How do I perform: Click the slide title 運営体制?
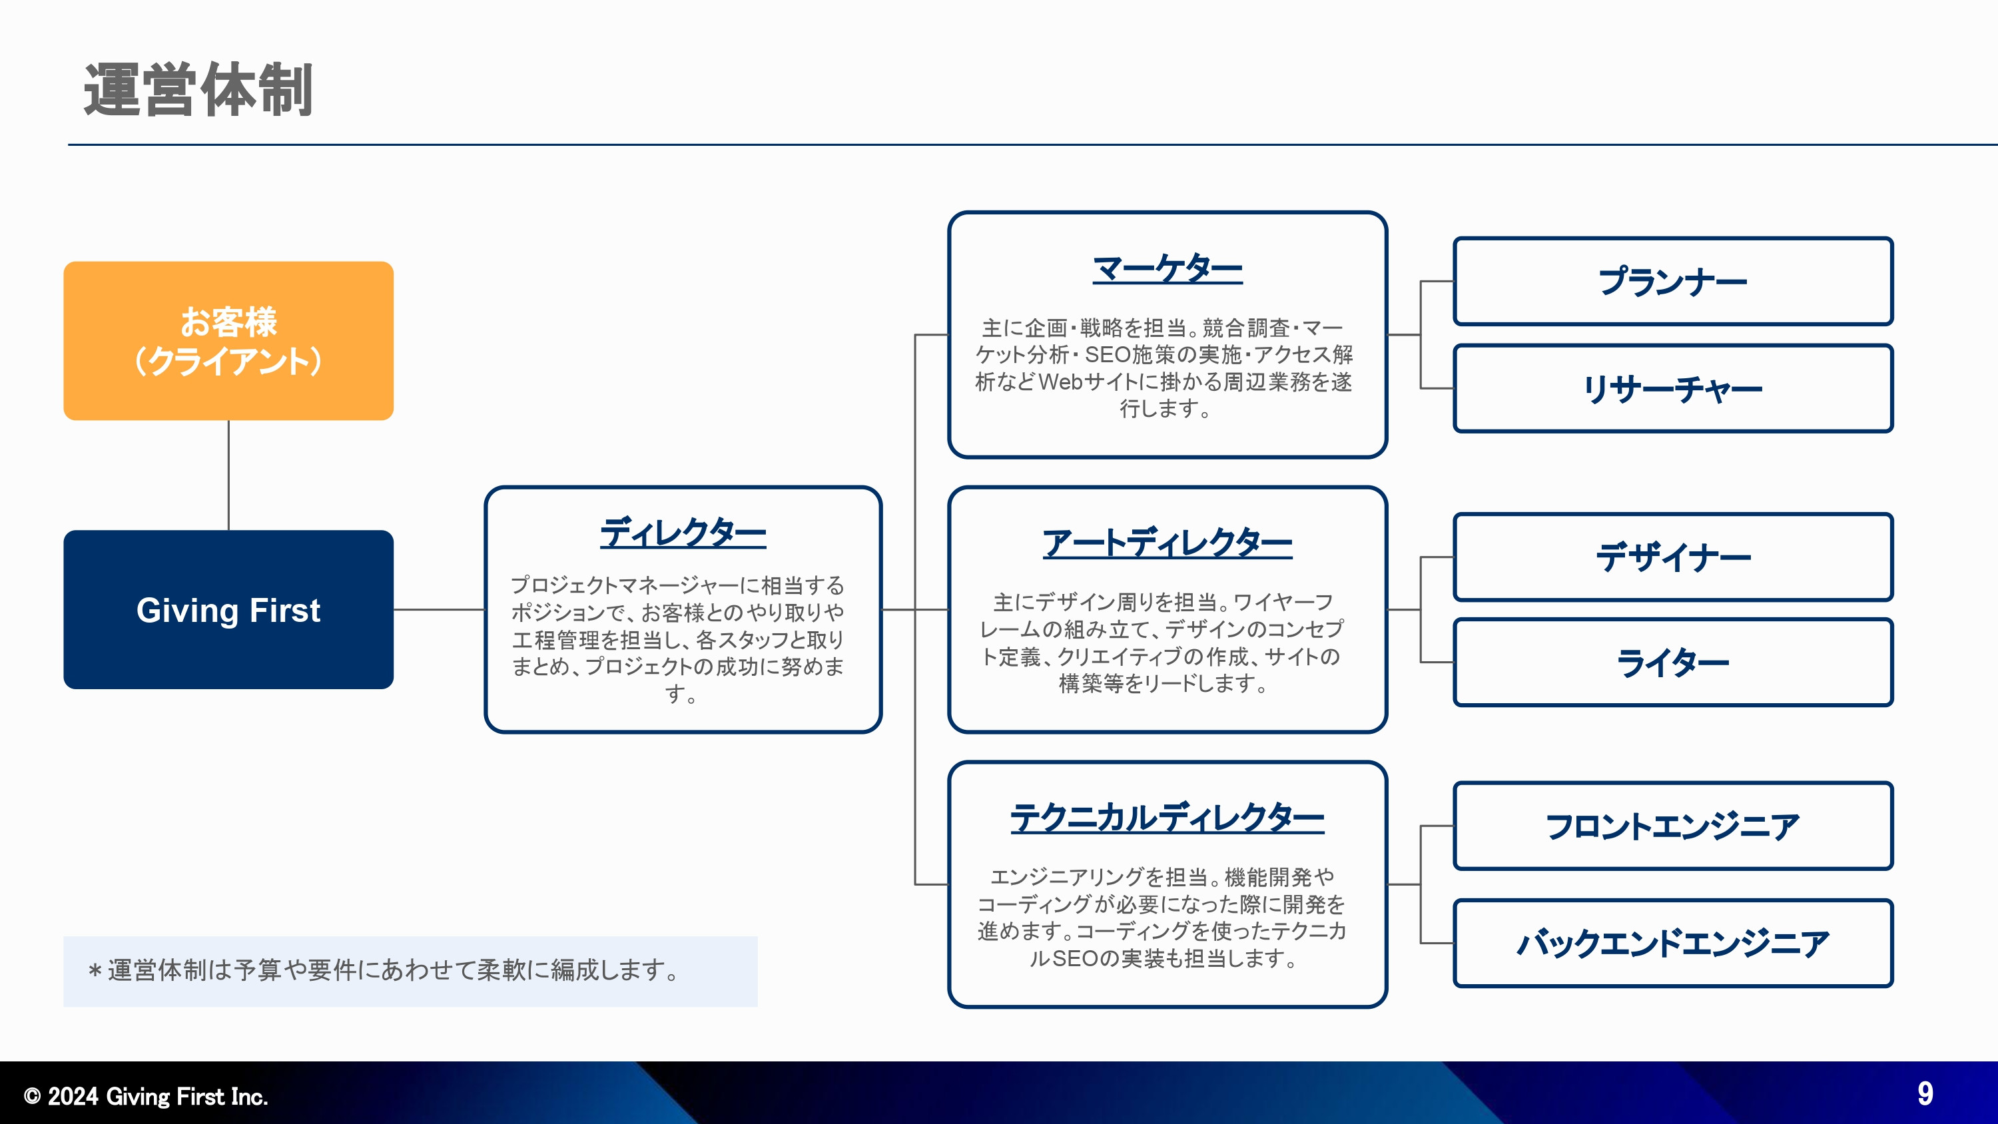(x=198, y=90)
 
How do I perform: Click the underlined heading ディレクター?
(x=683, y=533)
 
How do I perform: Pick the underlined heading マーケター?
(x=1167, y=268)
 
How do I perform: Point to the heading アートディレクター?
(x=1167, y=542)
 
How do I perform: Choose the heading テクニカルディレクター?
(x=1167, y=818)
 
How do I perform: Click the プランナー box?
(x=1672, y=282)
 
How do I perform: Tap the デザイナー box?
(x=1672, y=557)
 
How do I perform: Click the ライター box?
(x=1672, y=663)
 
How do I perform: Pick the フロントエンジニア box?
(x=1672, y=826)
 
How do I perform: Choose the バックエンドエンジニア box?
(x=1672, y=944)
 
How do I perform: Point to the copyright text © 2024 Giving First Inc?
(x=146, y=1096)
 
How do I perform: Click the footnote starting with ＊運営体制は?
(x=384, y=970)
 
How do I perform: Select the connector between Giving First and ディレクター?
(x=439, y=610)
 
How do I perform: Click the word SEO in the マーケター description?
(x=1107, y=354)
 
